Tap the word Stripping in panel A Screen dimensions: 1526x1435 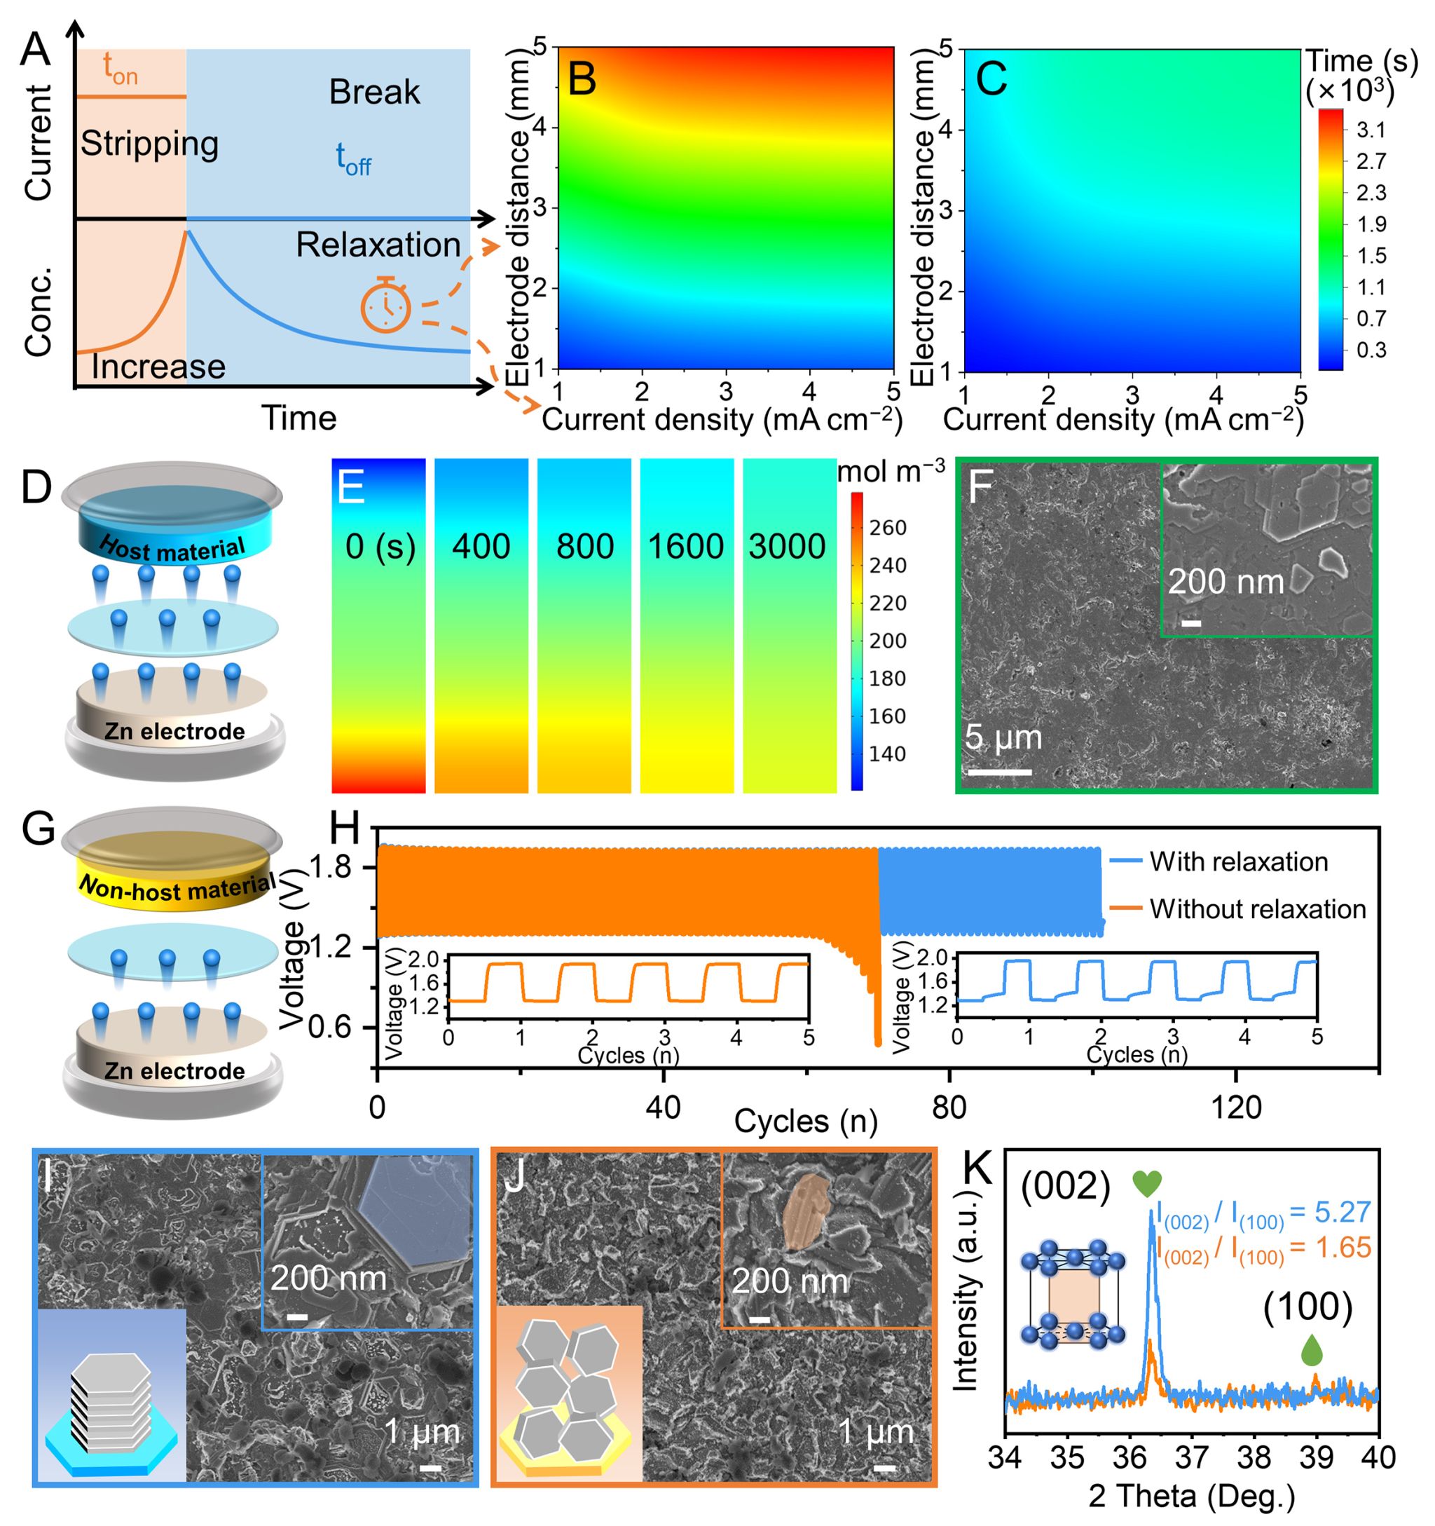coord(150,144)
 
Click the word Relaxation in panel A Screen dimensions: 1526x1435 coord(378,245)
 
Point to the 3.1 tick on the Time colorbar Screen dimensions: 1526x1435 coord(1371,130)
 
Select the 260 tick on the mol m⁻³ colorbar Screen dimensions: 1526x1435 coord(888,528)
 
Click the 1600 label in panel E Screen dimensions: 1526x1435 coord(685,547)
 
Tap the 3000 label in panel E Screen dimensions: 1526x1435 coord(788,547)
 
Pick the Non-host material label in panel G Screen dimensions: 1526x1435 coord(177,888)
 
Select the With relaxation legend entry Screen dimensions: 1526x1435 coord(1238,862)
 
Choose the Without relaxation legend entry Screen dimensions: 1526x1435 coord(1257,910)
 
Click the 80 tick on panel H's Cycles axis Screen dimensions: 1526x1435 coord(949,1108)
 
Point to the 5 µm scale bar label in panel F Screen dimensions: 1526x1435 coord(1003,737)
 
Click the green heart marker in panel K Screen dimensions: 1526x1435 coord(1147,1184)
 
